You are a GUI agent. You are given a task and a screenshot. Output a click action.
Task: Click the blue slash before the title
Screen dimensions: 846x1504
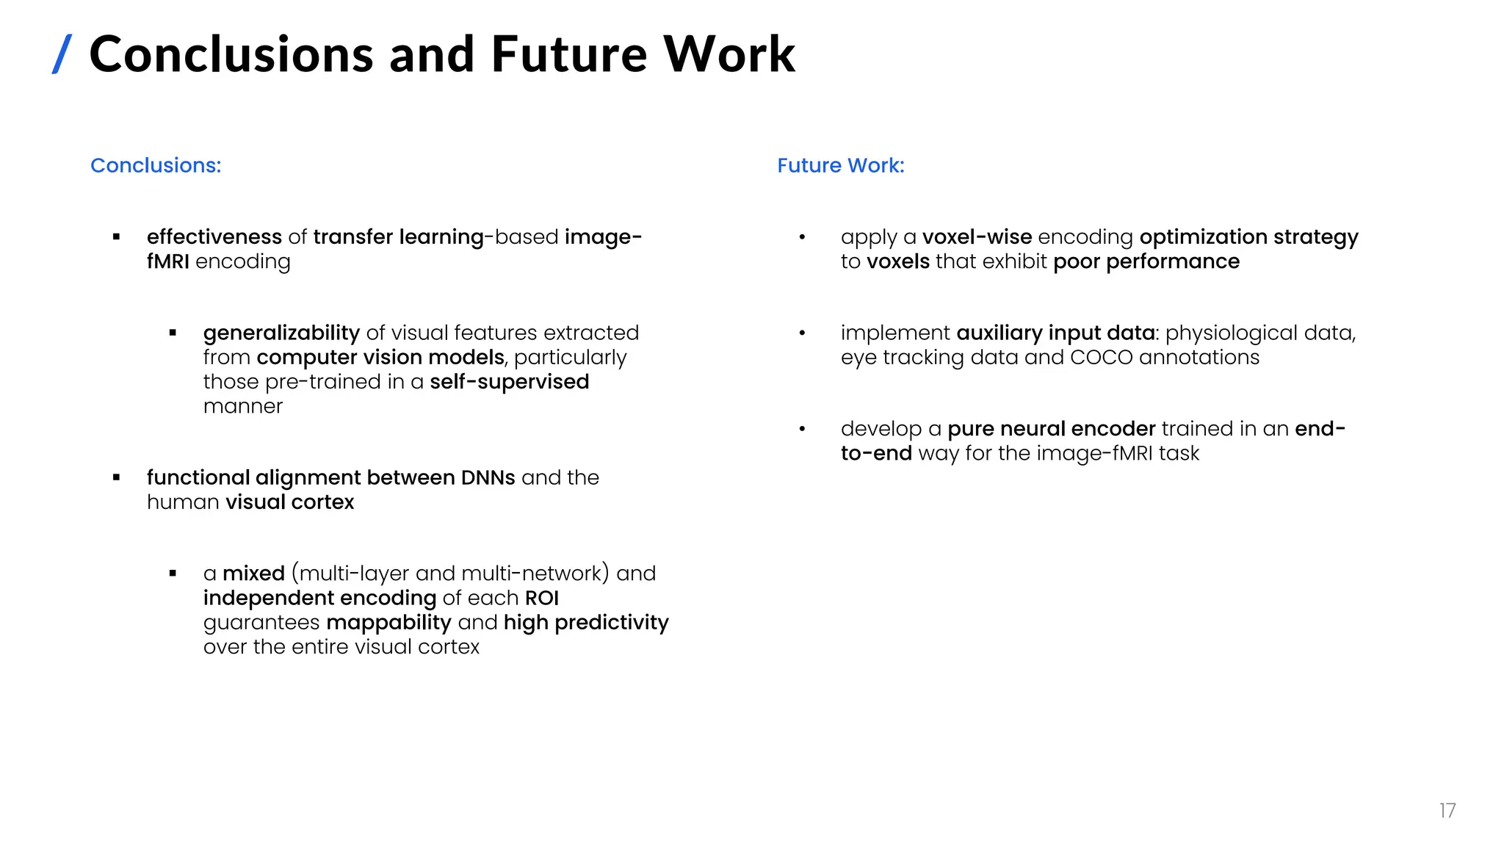[x=62, y=54]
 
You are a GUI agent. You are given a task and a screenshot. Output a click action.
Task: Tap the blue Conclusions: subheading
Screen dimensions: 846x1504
[x=156, y=165]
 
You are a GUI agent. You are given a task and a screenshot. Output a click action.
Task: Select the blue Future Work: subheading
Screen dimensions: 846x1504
[x=841, y=165]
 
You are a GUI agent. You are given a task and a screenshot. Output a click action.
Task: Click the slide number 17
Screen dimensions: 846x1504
[x=1447, y=810]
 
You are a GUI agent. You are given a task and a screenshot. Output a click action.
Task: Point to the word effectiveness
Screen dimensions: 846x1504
[x=214, y=236]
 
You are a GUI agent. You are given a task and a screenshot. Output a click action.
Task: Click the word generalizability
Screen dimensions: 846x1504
[x=281, y=333]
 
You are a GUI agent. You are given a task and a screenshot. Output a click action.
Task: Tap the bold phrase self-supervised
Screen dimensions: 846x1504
[x=509, y=382]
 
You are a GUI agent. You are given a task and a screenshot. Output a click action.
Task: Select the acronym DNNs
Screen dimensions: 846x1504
[x=488, y=477]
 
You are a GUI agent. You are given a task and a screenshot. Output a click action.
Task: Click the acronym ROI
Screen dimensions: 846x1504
[x=542, y=598]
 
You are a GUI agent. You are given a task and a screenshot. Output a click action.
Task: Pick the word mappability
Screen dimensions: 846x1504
[x=388, y=622]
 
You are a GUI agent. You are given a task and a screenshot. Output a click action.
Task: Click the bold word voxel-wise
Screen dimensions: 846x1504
[x=977, y=236]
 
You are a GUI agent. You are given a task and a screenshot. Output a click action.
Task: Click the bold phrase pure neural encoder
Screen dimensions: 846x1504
[x=1051, y=428]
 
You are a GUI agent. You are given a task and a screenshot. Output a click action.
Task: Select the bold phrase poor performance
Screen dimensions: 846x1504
[x=1146, y=261]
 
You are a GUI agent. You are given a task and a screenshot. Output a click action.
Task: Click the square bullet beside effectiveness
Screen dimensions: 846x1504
[x=116, y=236]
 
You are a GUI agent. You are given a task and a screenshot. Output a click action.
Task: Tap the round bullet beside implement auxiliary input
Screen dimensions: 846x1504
[x=802, y=333]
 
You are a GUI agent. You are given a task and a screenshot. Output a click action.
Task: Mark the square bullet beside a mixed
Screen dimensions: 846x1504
[x=173, y=574]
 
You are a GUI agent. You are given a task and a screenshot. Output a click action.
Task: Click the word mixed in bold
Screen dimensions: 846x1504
[x=253, y=573]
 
